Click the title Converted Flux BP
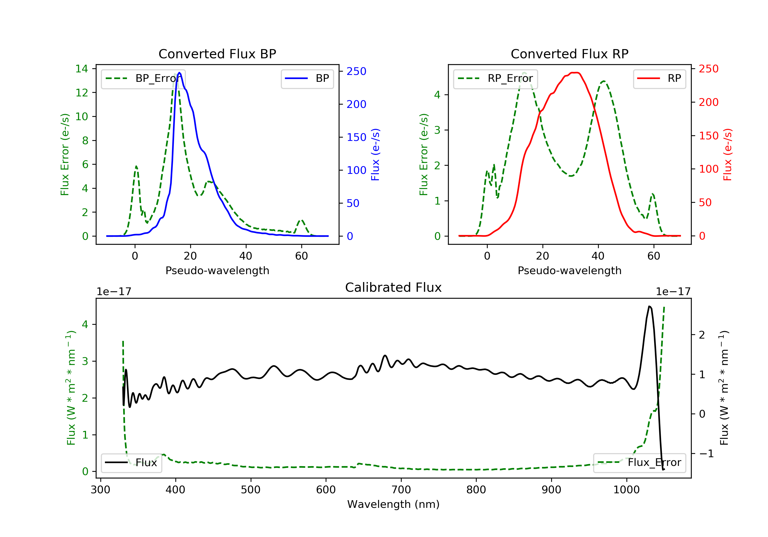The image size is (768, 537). [217, 54]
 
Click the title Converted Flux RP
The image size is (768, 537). [569, 54]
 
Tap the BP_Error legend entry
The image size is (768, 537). [143, 79]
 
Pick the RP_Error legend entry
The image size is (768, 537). [495, 79]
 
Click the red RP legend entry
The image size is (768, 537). [659, 79]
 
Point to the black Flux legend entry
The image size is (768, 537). [132, 463]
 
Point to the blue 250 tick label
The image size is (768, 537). [356, 71]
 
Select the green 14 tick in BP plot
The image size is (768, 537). [82, 69]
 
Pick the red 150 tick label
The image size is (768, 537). [708, 136]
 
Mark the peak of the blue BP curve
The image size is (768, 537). [180, 73]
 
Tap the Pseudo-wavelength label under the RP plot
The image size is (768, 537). [569, 270]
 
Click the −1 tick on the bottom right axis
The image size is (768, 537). [706, 453]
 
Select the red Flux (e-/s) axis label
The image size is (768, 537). [728, 154]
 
